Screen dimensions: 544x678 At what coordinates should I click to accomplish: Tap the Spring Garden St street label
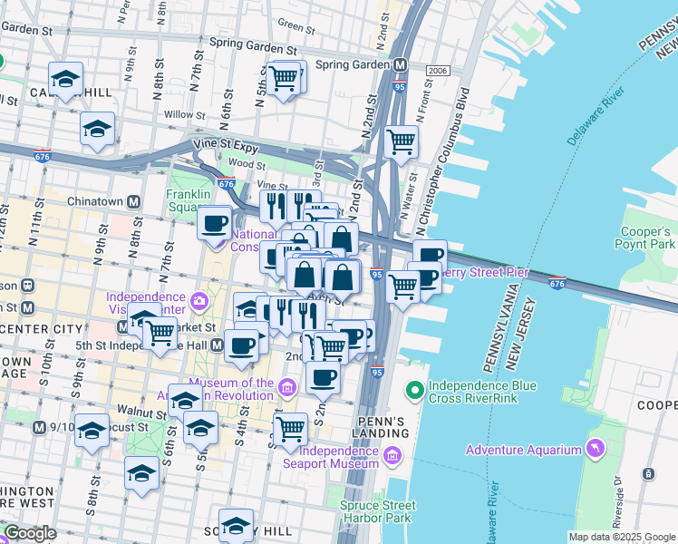point(253,43)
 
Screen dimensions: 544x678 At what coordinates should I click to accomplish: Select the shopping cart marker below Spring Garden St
point(285,79)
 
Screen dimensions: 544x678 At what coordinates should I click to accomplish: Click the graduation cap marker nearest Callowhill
point(65,80)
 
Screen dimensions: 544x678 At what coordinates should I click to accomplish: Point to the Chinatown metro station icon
point(133,201)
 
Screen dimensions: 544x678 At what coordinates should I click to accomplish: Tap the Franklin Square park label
point(188,200)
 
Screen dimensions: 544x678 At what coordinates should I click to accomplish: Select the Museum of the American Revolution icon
point(287,389)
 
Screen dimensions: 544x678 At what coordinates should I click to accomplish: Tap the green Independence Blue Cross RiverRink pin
point(415,391)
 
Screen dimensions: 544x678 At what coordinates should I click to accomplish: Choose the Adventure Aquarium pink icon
point(595,447)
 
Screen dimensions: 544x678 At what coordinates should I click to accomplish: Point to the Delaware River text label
point(596,117)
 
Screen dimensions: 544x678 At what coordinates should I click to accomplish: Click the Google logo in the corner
point(30,533)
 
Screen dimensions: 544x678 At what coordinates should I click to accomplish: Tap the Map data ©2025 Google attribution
point(621,537)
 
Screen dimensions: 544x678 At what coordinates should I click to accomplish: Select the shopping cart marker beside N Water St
point(401,141)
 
